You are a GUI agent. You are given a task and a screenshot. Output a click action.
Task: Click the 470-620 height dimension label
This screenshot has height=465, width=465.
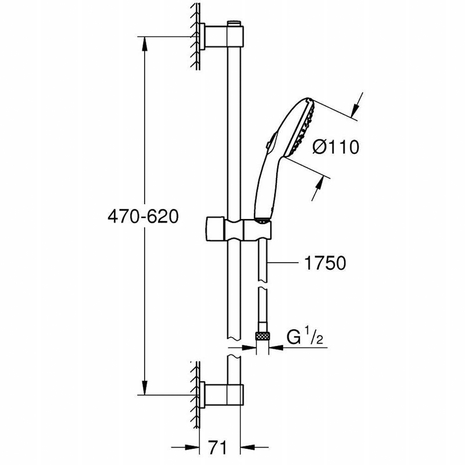(x=143, y=216)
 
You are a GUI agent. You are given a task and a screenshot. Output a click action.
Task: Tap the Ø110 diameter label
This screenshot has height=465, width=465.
(x=336, y=146)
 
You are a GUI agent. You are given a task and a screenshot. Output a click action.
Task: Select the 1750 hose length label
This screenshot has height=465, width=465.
(x=325, y=263)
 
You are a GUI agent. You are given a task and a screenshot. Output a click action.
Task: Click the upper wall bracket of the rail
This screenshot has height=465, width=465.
(x=222, y=37)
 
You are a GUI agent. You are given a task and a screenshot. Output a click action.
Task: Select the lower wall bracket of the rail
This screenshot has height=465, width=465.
(x=222, y=395)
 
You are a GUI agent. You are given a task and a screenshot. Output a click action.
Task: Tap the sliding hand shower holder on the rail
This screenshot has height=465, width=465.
(x=238, y=229)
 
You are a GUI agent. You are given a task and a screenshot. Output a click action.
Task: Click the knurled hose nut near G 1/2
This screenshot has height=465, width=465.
(x=262, y=336)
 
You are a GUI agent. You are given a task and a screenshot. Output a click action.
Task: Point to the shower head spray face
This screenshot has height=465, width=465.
(x=302, y=128)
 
